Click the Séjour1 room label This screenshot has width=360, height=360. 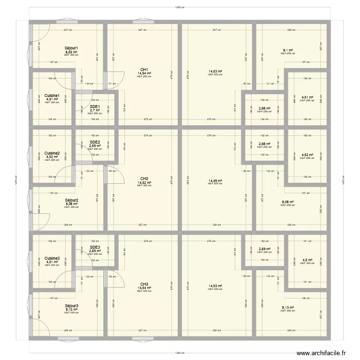point(71,48)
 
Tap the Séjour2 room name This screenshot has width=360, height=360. point(71,200)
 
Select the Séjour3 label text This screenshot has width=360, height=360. point(71,306)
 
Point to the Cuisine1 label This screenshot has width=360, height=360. point(52,96)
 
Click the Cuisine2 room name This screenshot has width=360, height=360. point(52,154)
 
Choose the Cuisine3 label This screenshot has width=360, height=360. point(52,258)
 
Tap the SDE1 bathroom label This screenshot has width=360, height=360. point(95,107)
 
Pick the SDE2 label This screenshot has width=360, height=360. point(95,142)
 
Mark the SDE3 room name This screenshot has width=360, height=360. point(95,247)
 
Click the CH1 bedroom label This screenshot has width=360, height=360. point(144,69)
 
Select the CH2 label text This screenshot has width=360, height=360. point(144,179)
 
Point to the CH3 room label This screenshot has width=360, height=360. point(144,284)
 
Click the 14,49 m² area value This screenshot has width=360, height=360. point(216,180)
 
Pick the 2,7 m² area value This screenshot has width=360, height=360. point(95,110)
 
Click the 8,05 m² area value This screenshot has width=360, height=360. point(71,52)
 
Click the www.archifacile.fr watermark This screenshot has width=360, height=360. point(321,353)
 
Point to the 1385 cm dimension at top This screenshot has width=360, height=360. point(180,7)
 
